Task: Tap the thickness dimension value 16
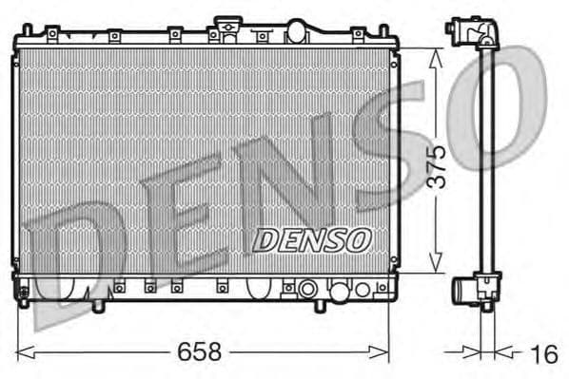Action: coord(543,354)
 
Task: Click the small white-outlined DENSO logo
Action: coord(310,239)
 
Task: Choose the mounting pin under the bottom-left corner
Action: coord(21,302)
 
